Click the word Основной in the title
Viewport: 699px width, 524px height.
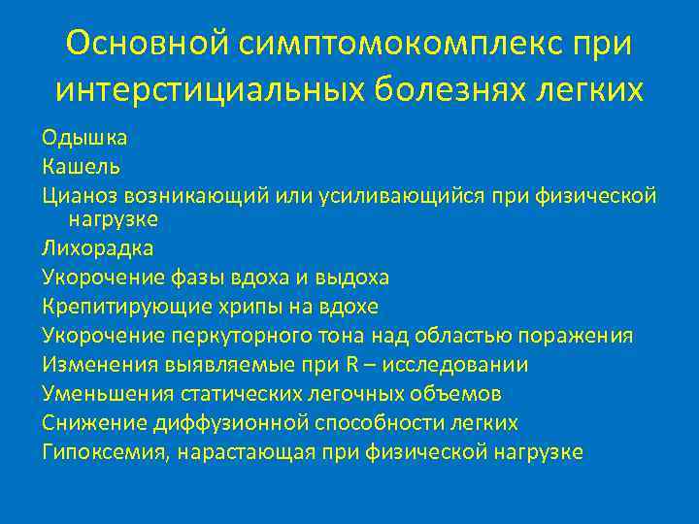click(x=147, y=43)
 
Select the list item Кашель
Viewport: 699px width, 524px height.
click(x=81, y=168)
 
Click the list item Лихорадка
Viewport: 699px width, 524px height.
click(x=97, y=248)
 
